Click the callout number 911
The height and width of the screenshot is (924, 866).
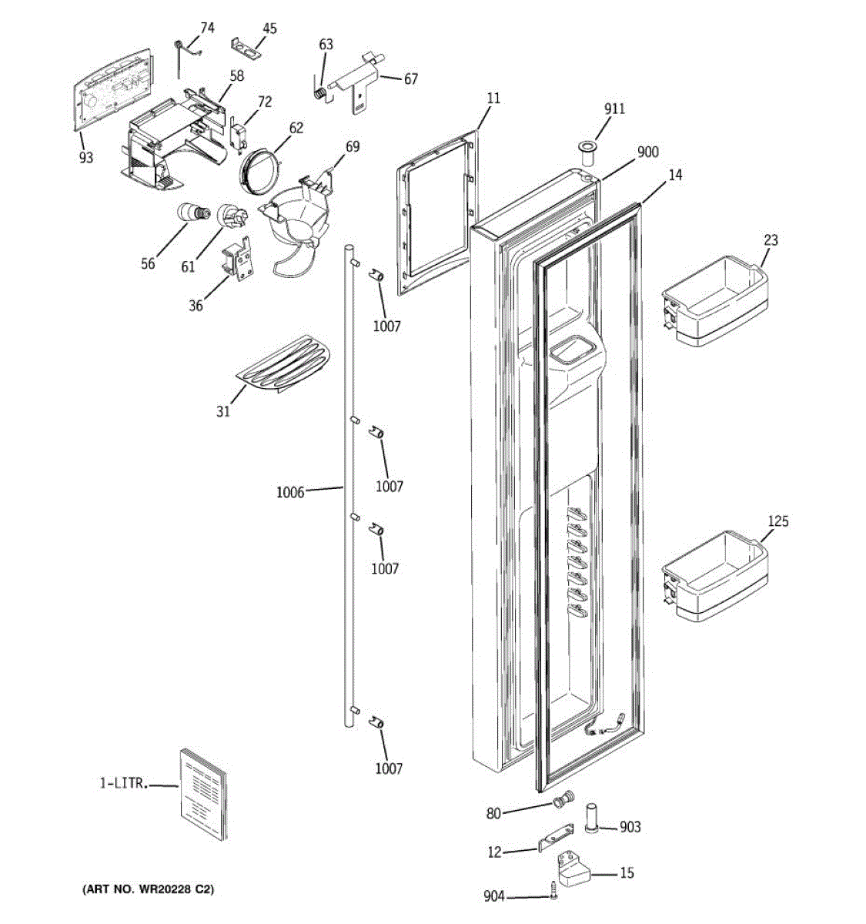614,109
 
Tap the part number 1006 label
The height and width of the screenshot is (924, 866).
290,491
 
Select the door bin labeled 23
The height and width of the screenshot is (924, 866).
715,305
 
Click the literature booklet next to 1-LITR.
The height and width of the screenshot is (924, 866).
204,794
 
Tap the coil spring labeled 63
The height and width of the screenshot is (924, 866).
319,91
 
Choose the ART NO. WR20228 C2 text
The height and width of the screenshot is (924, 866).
148,890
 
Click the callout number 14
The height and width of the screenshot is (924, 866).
674,176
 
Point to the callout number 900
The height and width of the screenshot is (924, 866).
647,152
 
